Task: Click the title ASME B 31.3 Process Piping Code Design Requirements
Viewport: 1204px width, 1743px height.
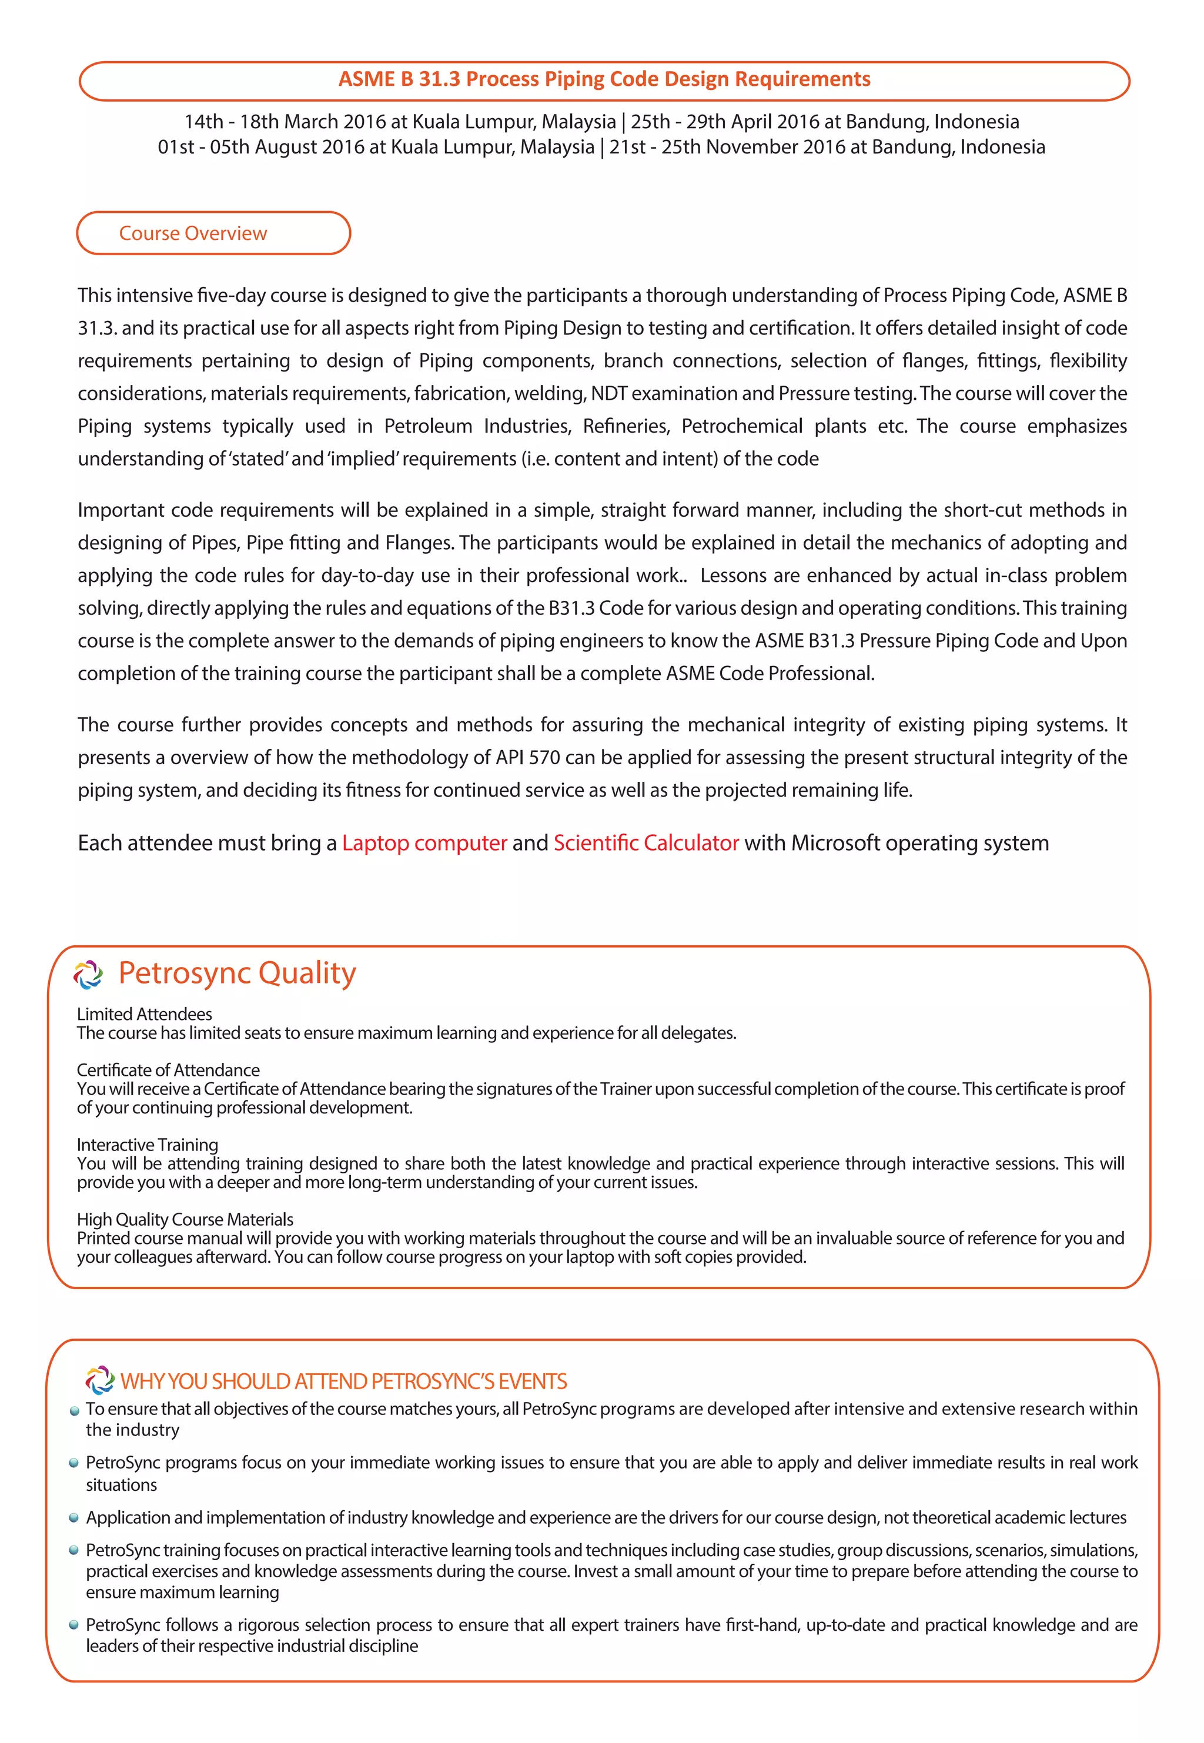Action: (x=604, y=79)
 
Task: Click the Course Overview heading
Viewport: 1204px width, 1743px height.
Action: (x=193, y=233)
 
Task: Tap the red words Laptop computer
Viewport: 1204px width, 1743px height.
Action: (x=424, y=842)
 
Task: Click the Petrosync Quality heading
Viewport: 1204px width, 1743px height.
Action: (x=237, y=972)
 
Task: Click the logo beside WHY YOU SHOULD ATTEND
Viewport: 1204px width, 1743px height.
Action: (x=99, y=1380)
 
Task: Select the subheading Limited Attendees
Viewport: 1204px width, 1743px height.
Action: (x=144, y=1013)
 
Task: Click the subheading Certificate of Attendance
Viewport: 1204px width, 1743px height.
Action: (x=168, y=1069)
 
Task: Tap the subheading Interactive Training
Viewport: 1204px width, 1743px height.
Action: (x=147, y=1144)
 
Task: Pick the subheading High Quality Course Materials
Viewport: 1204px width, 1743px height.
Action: (x=185, y=1219)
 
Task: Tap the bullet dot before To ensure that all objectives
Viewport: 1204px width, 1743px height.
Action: (x=74, y=1410)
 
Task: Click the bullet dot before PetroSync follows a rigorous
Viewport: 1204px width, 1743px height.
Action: (x=74, y=1625)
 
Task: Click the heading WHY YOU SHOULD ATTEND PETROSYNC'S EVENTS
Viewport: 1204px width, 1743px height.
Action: (x=343, y=1381)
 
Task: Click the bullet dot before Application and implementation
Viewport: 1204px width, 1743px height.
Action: (x=74, y=1517)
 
